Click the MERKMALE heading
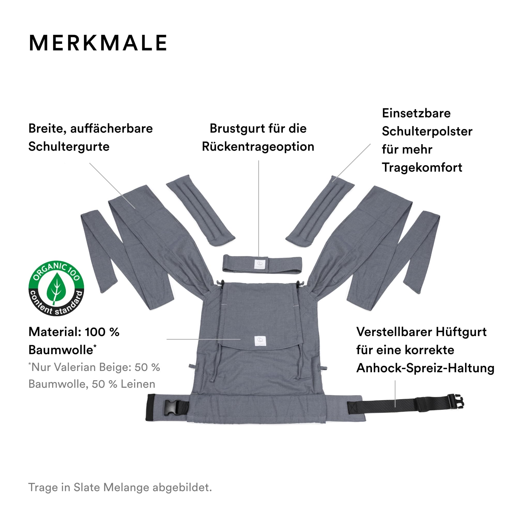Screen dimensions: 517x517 click(x=98, y=43)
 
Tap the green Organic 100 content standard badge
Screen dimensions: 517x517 click(x=56, y=288)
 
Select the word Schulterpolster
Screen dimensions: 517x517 click(x=427, y=132)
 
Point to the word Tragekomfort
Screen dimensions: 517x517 click(x=422, y=168)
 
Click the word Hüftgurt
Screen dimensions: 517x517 click(x=461, y=332)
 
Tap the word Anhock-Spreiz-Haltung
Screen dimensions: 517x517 click(x=425, y=368)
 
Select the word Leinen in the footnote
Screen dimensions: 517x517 click(x=138, y=384)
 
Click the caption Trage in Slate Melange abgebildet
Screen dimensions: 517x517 click(x=120, y=488)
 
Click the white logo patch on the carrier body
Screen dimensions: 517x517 click(x=260, y=341)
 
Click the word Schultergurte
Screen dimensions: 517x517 click(x=69, y=147)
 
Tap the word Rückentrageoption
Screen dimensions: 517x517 click(x=258, y=147)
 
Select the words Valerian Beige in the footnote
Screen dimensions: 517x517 click(x=94, y=367)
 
